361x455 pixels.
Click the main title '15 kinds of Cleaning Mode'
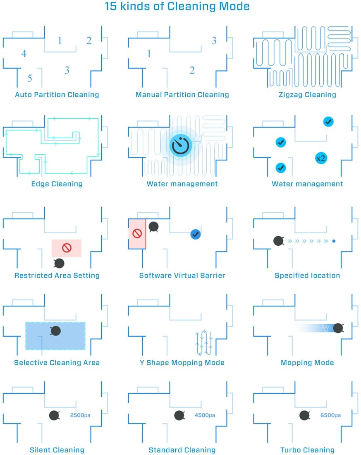tap(177, 6)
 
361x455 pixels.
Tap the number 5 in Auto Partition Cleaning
tap(30, 78)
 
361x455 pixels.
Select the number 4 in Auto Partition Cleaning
tap(24, 53)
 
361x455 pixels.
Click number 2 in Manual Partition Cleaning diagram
tap(192, 70)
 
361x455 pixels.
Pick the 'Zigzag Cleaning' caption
tap(307, 95)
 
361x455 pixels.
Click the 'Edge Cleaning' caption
tap(57, 184)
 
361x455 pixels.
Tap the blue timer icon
tap(181, 145)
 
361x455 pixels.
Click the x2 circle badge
tap(320, 158)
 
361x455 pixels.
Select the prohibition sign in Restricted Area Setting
tap(67, 248)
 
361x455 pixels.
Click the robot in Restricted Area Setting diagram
tap(59, 263)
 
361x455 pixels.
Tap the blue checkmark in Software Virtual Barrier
tap(196, 234)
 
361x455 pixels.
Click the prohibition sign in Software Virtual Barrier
tap(137, 234)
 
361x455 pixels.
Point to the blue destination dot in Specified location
tap(334, 241)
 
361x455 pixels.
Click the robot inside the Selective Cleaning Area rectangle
tap(55, 331)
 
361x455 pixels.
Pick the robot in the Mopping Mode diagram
tap(338, 328)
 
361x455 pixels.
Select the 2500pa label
tap(80, 415)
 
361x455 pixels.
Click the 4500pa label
tap(205, 415)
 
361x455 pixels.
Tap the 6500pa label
tap(330, 415)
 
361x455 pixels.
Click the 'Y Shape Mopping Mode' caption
tap(182, 363)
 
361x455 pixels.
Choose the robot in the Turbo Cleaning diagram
tap(305, 416)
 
